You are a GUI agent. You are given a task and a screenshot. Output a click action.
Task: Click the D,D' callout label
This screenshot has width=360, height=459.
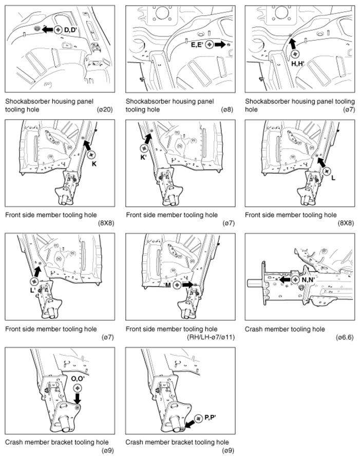tap(70, 29)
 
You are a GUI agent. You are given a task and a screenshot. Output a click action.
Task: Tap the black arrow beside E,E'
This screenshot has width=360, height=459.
tap(219, 45)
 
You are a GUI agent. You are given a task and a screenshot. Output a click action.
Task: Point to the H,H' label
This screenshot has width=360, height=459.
tap(298, 63)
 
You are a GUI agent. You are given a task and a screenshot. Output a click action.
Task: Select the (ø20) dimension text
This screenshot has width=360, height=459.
tap(105, 109)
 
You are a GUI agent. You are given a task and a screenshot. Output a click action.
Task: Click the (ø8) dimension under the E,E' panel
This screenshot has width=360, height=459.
tap(228, 109)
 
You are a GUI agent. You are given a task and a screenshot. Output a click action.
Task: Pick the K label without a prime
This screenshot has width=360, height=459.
tap(94, 164)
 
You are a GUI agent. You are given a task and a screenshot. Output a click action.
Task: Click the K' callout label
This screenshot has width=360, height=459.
tap(143, 157)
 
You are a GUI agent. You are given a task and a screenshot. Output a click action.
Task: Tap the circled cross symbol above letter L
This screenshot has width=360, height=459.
tap(327, 171)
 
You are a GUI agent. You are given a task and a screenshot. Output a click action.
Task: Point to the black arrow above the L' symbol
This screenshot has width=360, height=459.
tap(37, 272)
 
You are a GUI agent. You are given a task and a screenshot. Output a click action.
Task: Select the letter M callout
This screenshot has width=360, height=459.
tap(168, 284)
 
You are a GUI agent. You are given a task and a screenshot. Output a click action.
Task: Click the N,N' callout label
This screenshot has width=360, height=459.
tap(308, 280)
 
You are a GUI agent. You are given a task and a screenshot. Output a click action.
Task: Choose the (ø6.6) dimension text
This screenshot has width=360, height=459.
tap(345, 337)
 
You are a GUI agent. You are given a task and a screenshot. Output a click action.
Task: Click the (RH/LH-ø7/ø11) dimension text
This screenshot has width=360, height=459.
tap(211, 337)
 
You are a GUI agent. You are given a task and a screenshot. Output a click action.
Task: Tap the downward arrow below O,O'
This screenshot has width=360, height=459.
tap(78, 398)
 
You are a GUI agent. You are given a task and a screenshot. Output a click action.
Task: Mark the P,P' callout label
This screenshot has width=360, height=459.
tap(210, 417)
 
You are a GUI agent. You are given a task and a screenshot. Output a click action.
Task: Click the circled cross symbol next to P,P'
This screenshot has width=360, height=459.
tap(199, 418)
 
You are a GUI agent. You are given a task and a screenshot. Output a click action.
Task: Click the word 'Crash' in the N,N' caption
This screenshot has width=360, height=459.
tap(253, 329)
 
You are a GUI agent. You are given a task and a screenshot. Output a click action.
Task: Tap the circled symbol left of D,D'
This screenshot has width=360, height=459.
tap(58, 30)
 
